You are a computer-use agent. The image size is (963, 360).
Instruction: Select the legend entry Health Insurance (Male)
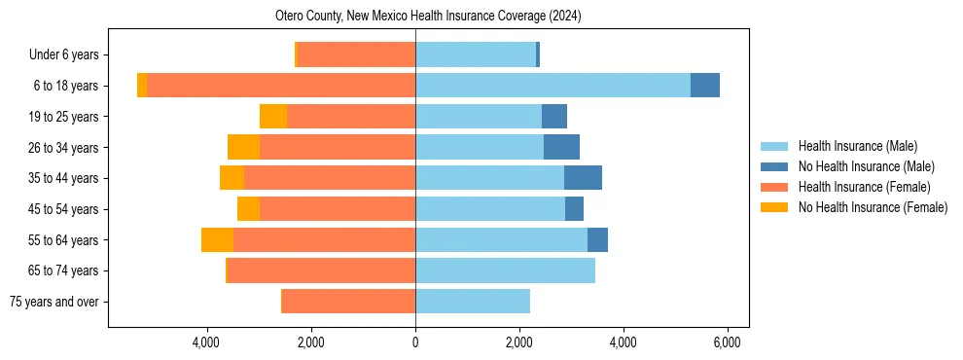pyautogui.click(x=857, y=146)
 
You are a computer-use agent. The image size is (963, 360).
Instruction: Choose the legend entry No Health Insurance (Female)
pyautogui.click(x=872, y=207)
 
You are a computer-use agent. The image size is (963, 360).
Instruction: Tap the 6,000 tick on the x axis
pyautogui.click(x=727, y=342)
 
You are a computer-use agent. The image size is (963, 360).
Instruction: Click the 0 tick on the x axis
pyautogui.click(x=415, y=342)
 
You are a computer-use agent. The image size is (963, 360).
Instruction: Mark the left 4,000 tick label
pyautogui.click(x=207, y=342)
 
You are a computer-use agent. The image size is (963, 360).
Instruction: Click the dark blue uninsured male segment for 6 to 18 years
pyautogui.click(x=705, y=86)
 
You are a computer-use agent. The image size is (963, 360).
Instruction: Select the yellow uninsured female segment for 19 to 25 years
pyautogui.click(x=273, y=117)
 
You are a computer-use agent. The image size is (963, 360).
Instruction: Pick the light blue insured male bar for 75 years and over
pyautogui.click(x=473, y=302)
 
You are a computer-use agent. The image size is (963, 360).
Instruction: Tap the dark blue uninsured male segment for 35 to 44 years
pyautogui.click(x=583, y=178)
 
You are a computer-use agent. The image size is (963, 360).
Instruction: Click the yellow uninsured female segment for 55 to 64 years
pyautogui.click(x=217, y=240)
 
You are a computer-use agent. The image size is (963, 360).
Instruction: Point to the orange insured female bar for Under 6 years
pyautogui.click(x=356, y=55)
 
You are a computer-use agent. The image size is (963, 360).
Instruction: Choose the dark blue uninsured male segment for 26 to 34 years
pyautogui.click(x=561, y=148)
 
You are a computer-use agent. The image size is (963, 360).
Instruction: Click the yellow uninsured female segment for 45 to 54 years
pyautogui.click(x=248, y=209)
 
